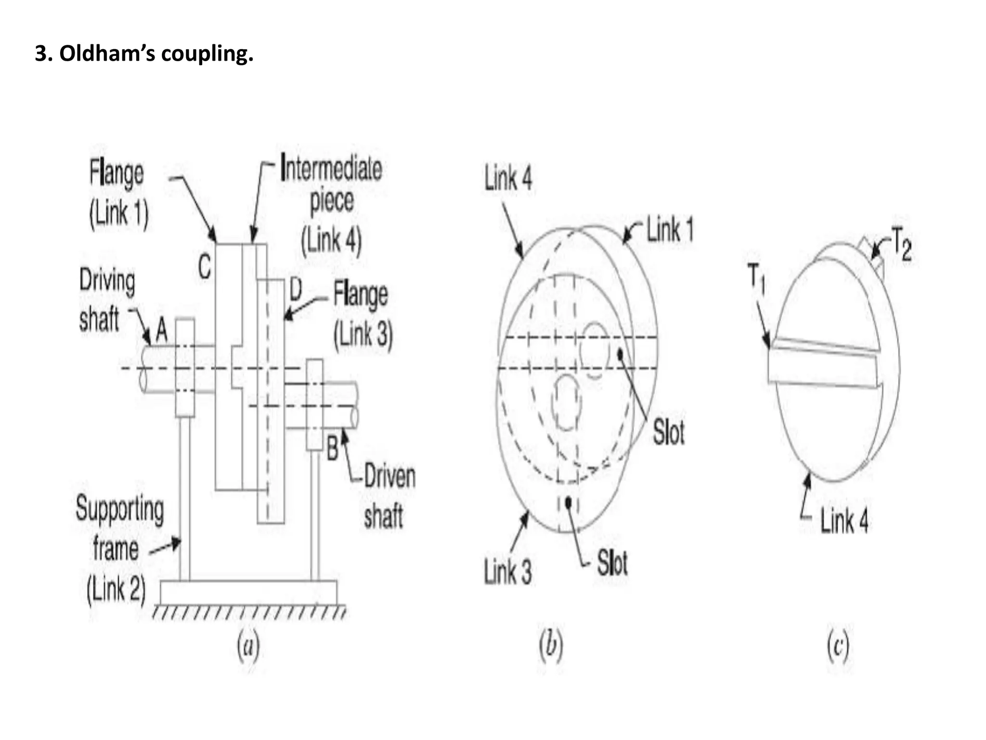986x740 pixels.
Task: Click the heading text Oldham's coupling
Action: click(x=144, y=53)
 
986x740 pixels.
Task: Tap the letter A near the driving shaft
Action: click(x=161, y=331)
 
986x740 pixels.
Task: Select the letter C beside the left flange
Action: click(x=205, y=266)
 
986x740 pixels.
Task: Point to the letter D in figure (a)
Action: click(x=295, y=290)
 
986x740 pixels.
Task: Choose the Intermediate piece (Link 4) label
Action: click(x=331, y=204)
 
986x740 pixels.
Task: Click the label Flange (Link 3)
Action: click(x=362, y=314)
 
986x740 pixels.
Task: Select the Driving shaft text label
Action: click(x=106, y=300)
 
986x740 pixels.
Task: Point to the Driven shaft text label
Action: click(x=388, y=496)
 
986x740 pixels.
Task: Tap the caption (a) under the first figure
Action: click(x=248, y=647)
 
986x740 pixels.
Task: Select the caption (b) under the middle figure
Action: click(x=550, y=647)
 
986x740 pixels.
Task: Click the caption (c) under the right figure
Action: click(x=838, y=647)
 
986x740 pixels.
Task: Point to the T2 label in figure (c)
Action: click(x=901, y=247)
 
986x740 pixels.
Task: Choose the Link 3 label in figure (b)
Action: click(x=508, y=572)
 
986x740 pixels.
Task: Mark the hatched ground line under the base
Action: click(x=249, y=613)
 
